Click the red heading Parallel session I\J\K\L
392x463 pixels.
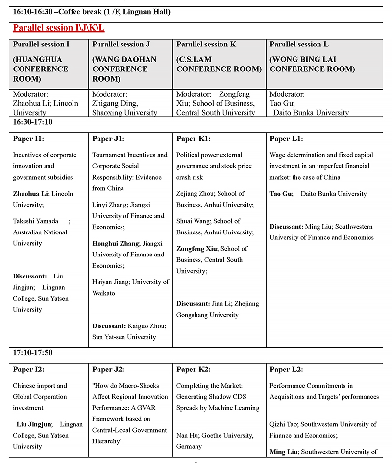click(x=59, y=28)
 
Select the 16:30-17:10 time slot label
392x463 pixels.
click(x=33, y=122)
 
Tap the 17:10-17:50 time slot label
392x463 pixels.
click(x=33, y=352)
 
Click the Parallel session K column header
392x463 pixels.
click(x=206, y=45)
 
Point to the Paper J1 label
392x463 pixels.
click(x=108, y=139)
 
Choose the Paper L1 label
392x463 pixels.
click(x=286, y=139)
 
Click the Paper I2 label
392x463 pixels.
click(x=28, y=370)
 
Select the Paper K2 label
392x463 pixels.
click(x=193, y=370)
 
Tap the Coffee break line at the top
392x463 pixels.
click(x=92, y=12)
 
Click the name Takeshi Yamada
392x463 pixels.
click(x=35, y=221)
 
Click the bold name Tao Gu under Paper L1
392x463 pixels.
click(x=281, y=194)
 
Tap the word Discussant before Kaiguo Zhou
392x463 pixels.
click(x=109, y=326)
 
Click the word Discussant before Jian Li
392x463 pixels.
click(x=193, y=304)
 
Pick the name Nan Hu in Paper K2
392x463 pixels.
click(x=187, y=435)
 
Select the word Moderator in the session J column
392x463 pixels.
click(x=110, y=94)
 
